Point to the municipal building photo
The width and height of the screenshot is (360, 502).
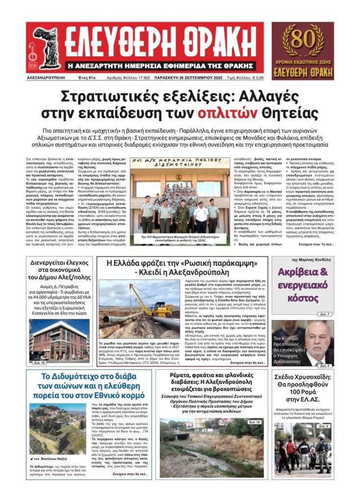(59, 341)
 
